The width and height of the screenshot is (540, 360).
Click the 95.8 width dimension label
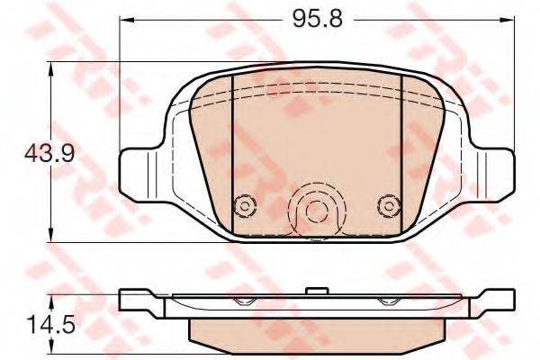click(x=318, y=19)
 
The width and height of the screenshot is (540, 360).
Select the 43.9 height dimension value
click(x=49, y=153)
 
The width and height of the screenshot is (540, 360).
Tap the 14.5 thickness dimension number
click(x=51, y=325)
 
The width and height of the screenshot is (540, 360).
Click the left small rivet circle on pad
click(x=245, y=207)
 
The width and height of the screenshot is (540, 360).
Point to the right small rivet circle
click(x=389, y=207)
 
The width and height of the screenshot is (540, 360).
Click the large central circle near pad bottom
click(x=317, y=211)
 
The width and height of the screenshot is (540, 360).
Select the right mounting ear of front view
click(x=493, y=175)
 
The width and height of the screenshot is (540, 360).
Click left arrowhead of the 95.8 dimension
click(x=126, y=20)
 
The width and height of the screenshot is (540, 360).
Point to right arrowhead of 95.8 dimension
click(x=508, y=20)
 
